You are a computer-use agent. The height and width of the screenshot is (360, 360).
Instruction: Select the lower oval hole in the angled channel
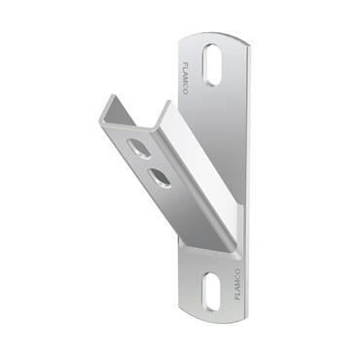pyautogui.click(x=159, y=176)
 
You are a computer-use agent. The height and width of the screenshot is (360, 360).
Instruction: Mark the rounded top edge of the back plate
pyautogui.click(x=215, y=33)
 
